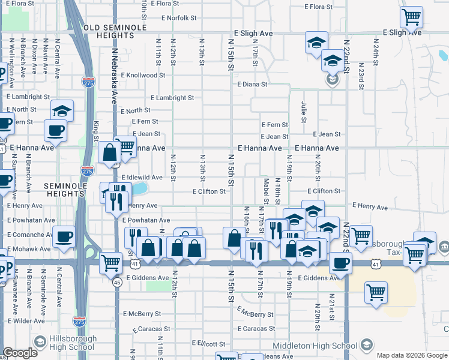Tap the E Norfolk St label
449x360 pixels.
(175, 18)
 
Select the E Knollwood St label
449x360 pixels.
(143, 76)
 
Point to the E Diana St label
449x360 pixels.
(252, 85)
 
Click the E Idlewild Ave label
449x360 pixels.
(142, 178)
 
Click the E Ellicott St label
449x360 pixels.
(208, 344)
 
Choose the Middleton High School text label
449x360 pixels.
(315, 346)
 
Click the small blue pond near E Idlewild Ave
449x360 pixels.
(139, 189)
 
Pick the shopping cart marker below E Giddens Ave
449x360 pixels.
(376, 293)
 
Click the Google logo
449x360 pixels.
(20, 353)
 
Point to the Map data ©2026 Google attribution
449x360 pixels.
(412, 355)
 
